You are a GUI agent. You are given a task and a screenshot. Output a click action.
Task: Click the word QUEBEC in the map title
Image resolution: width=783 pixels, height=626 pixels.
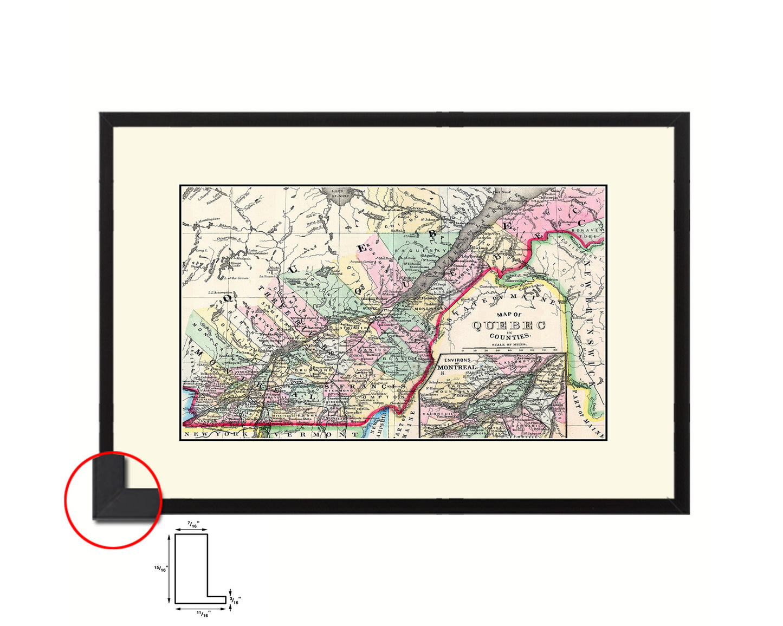(x=508, y=325)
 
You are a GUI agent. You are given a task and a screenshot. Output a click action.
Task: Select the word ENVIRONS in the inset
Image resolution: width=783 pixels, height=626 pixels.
(x=457, y=359)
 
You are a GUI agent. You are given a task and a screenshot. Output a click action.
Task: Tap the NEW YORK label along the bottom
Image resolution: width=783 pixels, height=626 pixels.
(x=217, y=434)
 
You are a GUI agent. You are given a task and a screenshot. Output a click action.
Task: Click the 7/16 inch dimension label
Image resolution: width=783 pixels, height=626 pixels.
(x=191, y=524)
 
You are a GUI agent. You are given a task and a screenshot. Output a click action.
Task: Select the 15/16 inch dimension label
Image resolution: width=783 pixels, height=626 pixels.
(x=160, y=569)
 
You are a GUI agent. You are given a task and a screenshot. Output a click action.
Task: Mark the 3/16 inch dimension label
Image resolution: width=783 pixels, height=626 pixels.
(x=235, y=601)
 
